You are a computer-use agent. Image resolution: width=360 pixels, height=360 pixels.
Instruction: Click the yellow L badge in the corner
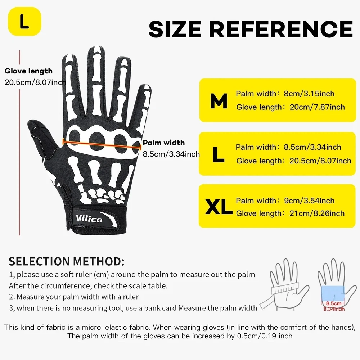(24, 21)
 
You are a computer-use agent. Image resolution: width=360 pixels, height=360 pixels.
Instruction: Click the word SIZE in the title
(175, 29)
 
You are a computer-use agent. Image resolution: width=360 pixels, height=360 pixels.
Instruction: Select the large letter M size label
(219, 101)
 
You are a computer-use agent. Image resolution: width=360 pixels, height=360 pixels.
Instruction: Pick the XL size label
(219, 207)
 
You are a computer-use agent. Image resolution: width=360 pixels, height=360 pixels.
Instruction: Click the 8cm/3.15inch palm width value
(309, 94)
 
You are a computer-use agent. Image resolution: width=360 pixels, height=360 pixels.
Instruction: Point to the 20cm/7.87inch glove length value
(317, 107)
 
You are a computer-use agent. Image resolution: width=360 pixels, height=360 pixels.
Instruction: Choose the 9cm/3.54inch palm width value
(309, 201)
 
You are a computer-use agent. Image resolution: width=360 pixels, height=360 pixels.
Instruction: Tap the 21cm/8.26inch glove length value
(317, 213)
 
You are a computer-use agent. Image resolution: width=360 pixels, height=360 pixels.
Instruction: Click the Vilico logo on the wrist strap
(89, 219)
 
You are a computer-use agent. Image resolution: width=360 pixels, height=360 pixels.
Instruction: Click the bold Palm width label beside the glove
(164, 143)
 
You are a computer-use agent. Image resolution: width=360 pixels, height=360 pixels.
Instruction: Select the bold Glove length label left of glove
(28, 71)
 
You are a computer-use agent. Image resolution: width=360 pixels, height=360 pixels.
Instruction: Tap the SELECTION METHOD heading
(67, 261)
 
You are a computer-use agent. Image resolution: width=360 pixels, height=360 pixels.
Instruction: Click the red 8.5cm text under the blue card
(334, 303)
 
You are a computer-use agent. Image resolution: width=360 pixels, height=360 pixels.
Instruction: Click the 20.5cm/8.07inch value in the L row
(320, 161)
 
